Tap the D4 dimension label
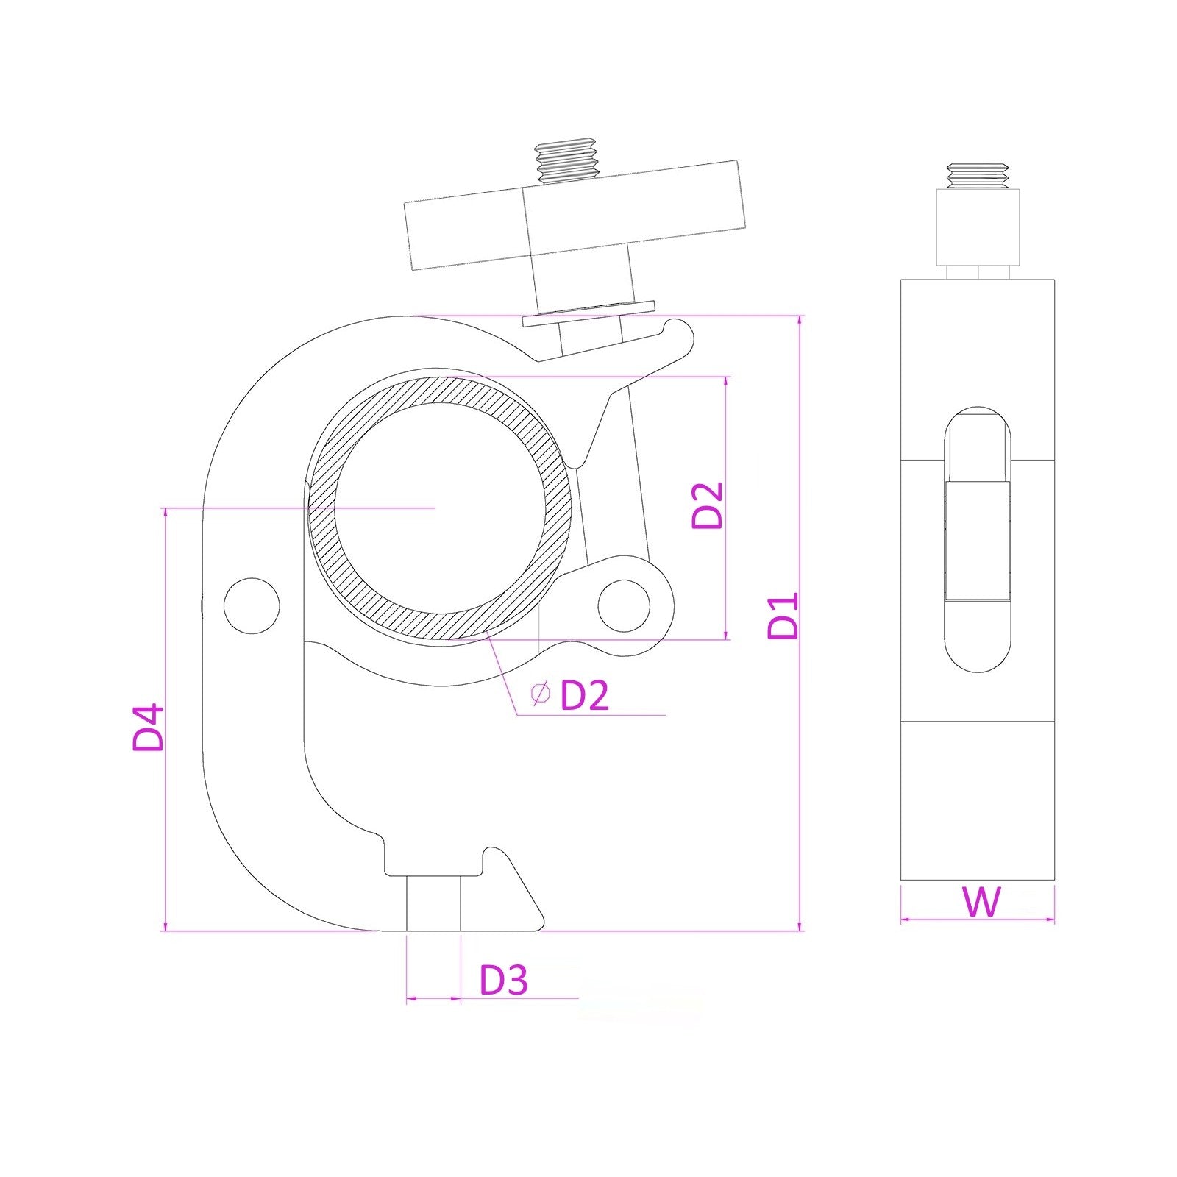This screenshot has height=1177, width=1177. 148,728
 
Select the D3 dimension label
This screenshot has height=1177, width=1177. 504,980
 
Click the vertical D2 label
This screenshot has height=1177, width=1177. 708,505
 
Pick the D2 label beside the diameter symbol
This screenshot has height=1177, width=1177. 585,694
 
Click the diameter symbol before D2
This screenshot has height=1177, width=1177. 541,693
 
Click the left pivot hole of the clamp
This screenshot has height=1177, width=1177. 252,605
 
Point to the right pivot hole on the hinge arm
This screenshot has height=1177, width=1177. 624,605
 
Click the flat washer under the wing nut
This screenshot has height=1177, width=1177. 588,313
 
